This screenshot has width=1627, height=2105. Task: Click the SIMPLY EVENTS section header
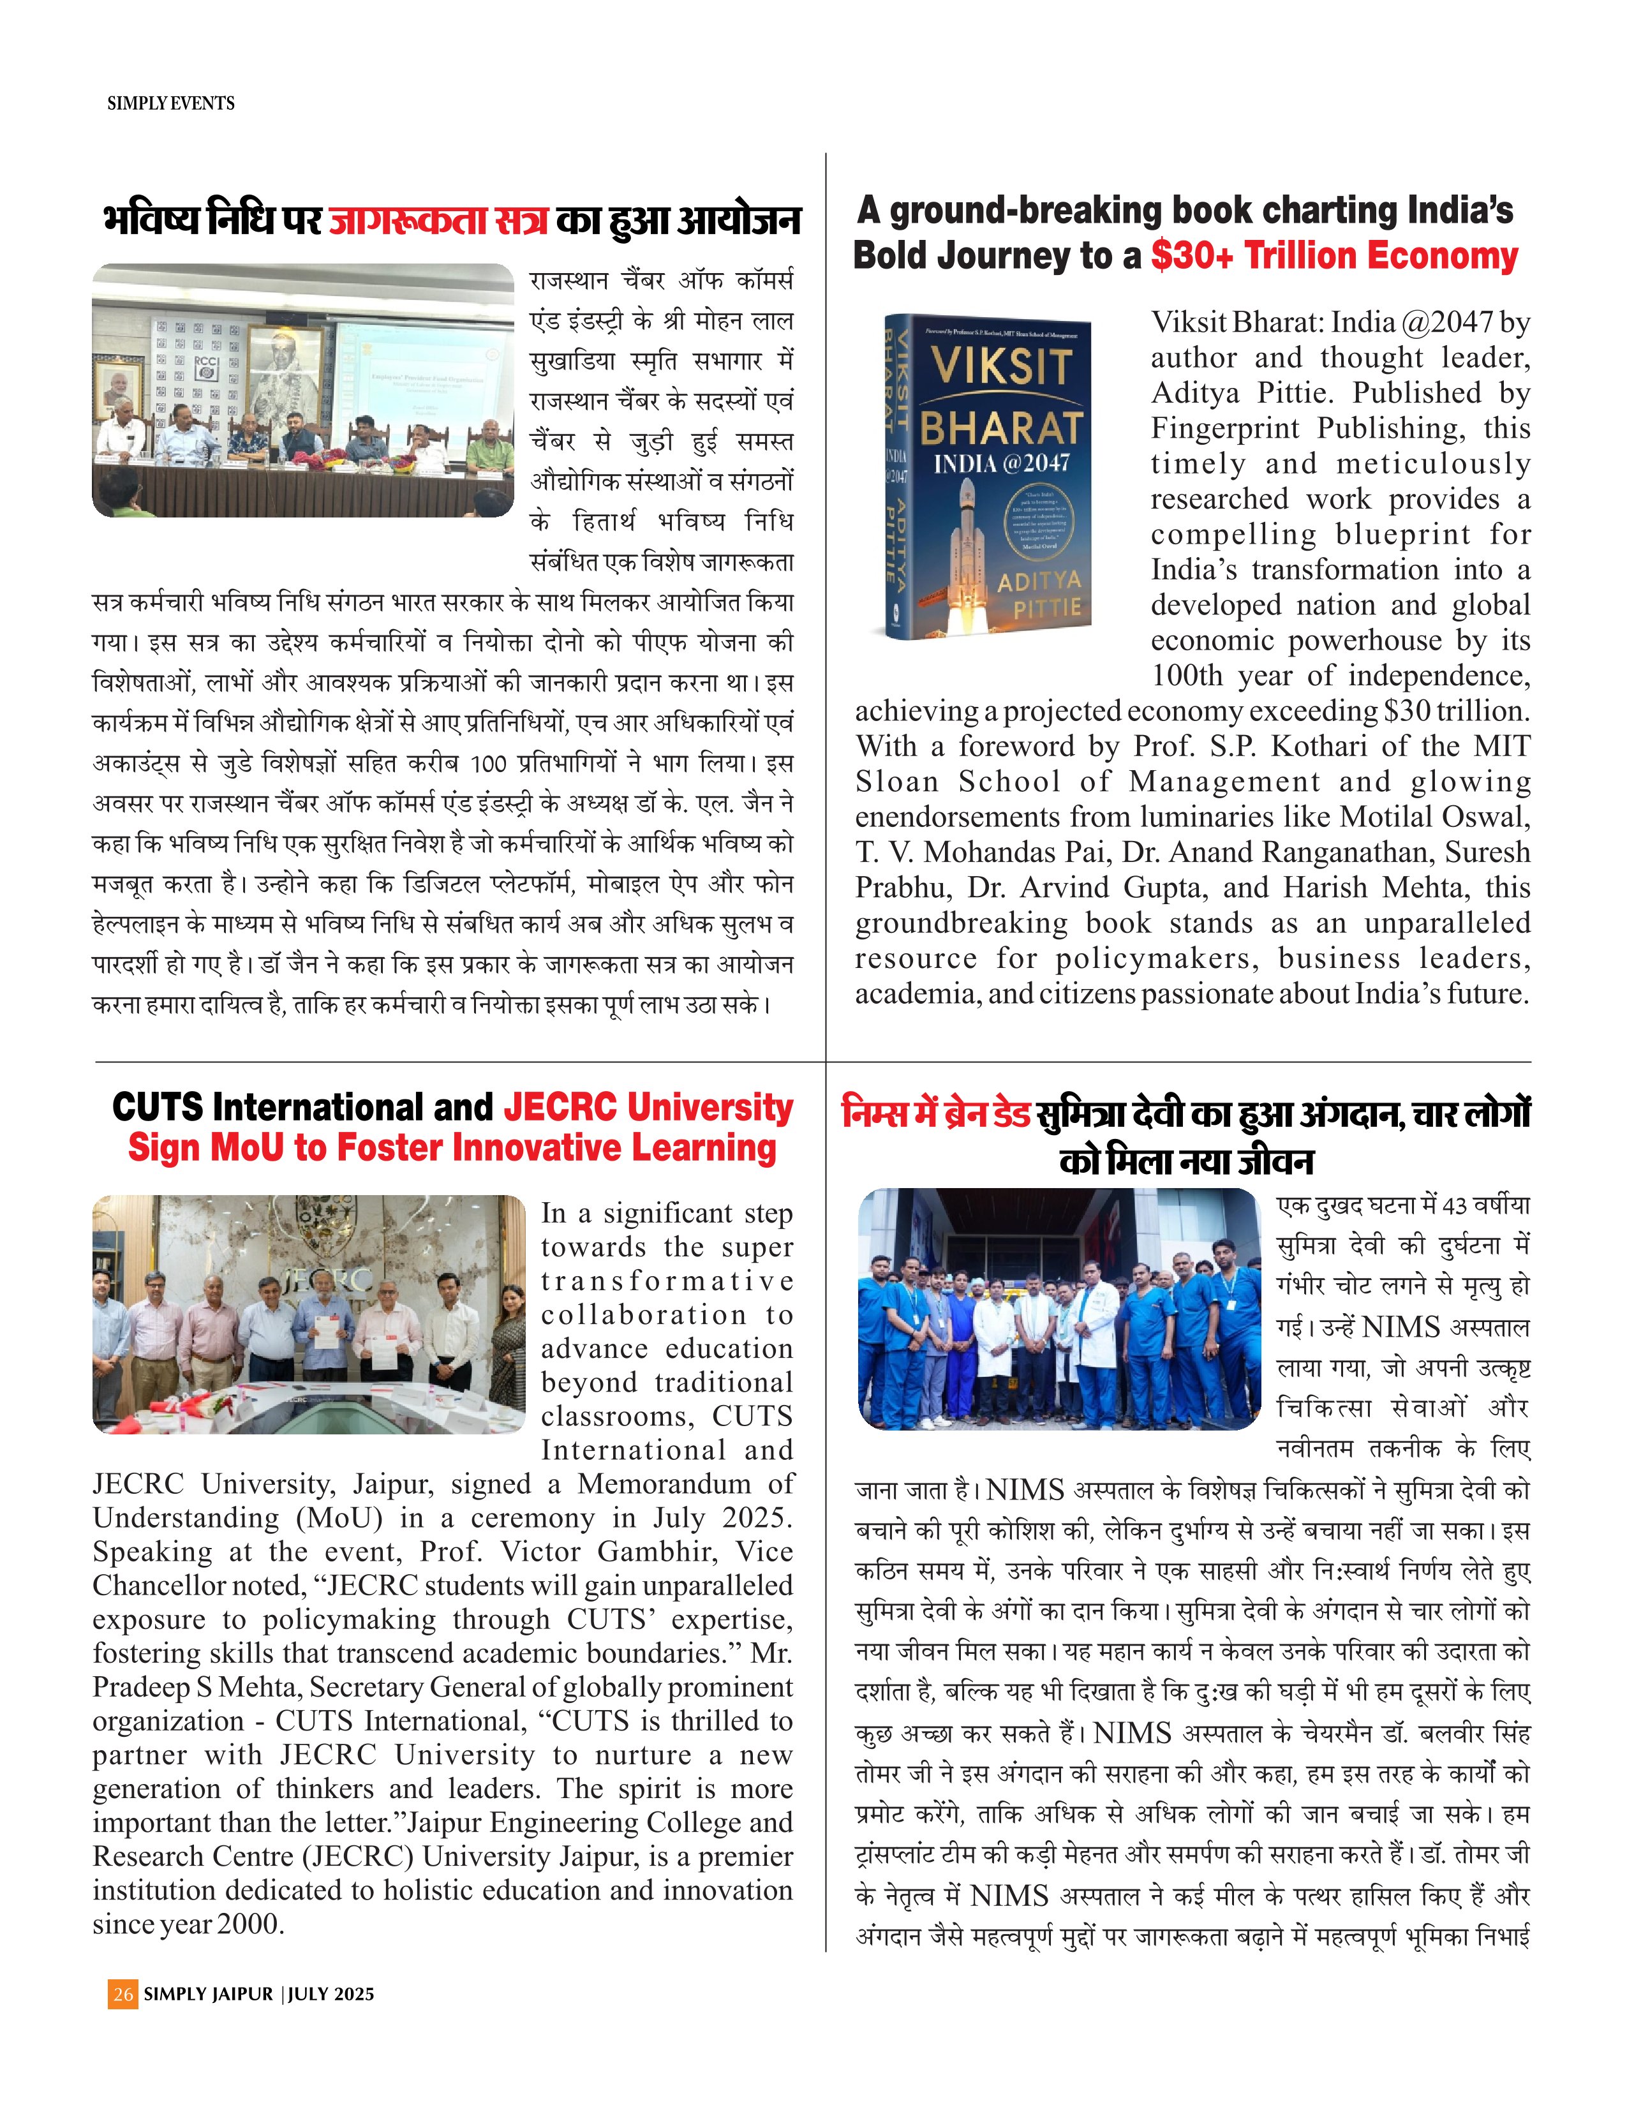click(x=170, y=103)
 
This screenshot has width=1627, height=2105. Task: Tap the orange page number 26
click(x=123, y=1994)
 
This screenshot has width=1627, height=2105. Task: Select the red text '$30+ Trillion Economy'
click(x=1334, y=257)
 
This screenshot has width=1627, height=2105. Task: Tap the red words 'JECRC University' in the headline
click(x=648, y=1108)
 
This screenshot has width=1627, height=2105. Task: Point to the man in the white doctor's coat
click(x=1098, y=1330)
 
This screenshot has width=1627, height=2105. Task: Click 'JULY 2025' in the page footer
click(x=331, y=1994)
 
